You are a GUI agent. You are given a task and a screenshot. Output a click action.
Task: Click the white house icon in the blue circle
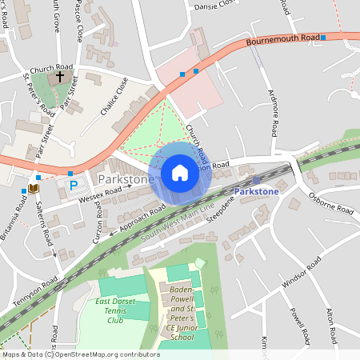tap(180, 173)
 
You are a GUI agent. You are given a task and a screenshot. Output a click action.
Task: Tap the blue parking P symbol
tap(74, 186)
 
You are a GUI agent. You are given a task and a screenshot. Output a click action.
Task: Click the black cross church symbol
tap(60, 78)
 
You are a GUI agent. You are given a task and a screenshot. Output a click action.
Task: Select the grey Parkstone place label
tap(126, 180)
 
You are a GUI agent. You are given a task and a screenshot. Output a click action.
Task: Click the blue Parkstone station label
tap(257, 192)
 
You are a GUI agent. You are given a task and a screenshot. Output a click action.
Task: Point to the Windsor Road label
tap(301, 273)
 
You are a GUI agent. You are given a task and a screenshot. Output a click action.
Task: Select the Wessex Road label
tap(100, 196)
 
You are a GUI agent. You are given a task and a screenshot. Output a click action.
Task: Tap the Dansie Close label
tap(215, 6)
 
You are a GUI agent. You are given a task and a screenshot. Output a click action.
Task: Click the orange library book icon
tap(33, 188)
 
